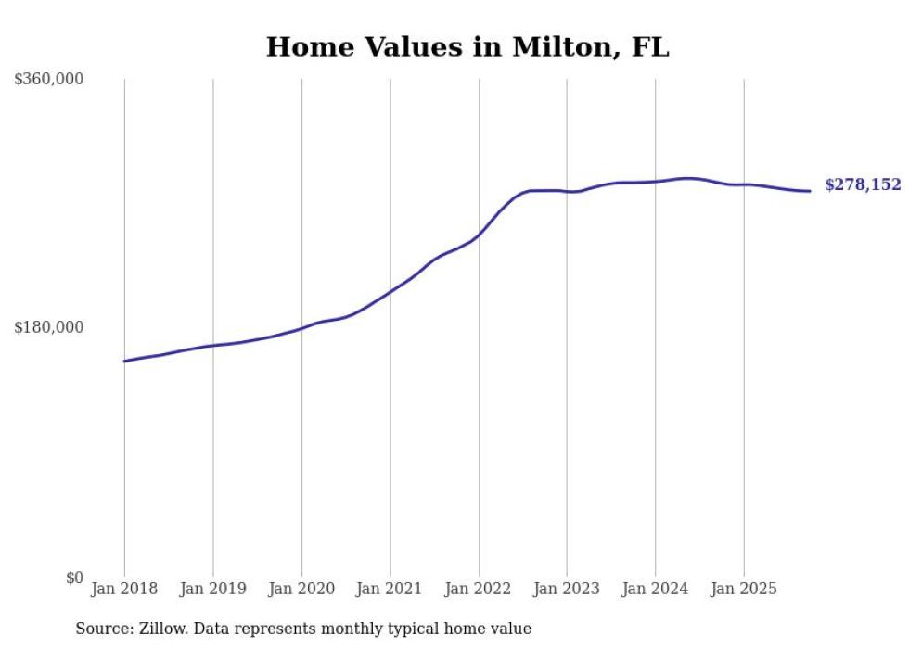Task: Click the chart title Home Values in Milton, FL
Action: click(467, 46)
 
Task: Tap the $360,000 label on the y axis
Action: click(49, 79)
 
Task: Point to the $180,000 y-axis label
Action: click(49, 327)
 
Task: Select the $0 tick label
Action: click(74, 578)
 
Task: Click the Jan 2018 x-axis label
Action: click(124, 589)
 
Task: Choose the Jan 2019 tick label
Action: click(212, 589)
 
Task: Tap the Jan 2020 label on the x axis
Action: click(301, 589)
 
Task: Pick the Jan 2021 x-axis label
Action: click(390, 589)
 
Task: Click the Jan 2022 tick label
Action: click(479, 589)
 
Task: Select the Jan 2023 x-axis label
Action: click(567, 589)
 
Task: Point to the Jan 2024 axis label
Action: click(655, 589)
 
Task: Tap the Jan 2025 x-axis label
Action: click(743, 589)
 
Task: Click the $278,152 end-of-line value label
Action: click(863, 185)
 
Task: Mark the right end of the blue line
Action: click(811, 191)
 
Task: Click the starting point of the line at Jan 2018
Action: click(124, 361)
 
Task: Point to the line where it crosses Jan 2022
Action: click(479, 235)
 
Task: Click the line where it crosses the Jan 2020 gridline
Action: click(301, 328)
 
